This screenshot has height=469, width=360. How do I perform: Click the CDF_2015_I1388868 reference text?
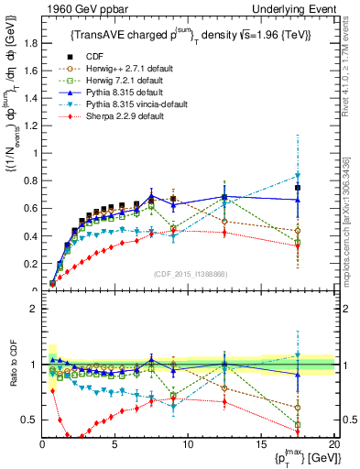pos(189,274)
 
